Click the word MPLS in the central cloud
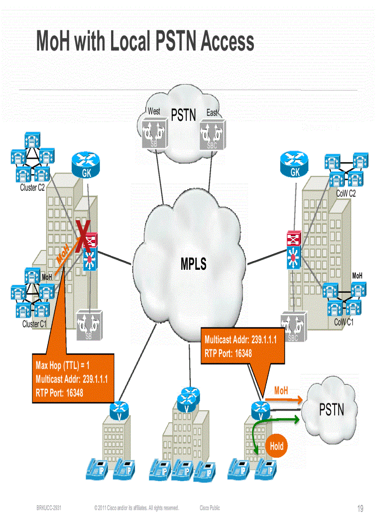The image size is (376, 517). pyautogui.click(x=194, y=264)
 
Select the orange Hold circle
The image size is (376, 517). pyautogui.click(x=276, y=446)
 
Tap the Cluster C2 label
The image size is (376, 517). pyautogui.click(x=32, y=188)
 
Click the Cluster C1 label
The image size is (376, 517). pyautogui.click(x=35, y=324)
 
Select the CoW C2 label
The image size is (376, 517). pyautogui.click(x=346, y=194)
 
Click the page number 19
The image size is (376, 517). pyautogui.click(x=360, y=509)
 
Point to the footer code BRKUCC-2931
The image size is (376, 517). pyautogui.click(x=49, y=508)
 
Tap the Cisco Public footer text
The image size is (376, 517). pyautogui.click(x=210, y=508)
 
